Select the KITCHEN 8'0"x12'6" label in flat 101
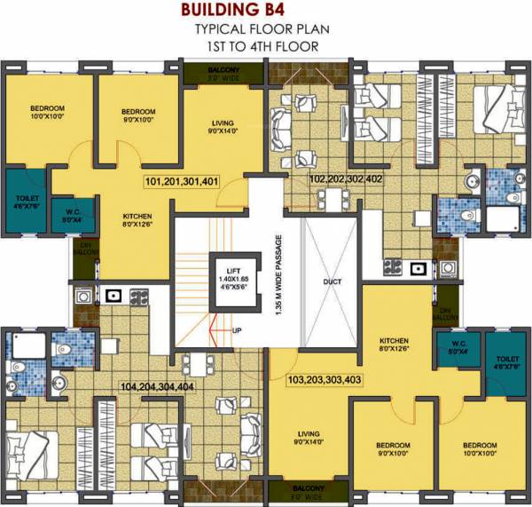click(x=137, y=220)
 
